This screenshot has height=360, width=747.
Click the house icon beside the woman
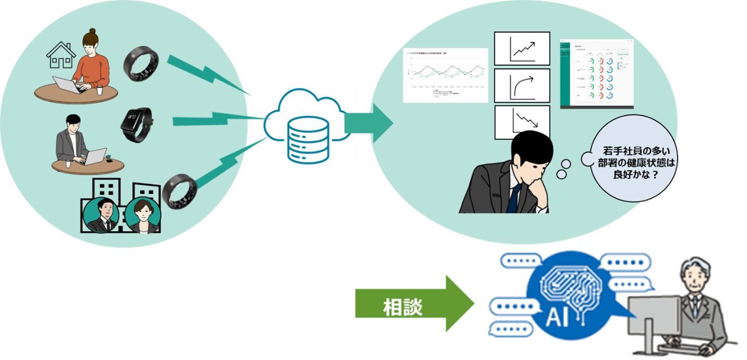pyautogui.click(x=61, y=55)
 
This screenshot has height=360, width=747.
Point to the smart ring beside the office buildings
pyautogui.click(x=180, y=191)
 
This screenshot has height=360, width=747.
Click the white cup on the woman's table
pyautogui.click(x=100, y=90)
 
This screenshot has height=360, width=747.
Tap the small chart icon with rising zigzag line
pyautogui.click(x=521, y=48)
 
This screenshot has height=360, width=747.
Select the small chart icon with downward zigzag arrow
pyautogui.click(x=521, y=122)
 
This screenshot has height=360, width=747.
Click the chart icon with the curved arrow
pyautogui.click(x=521, y=85)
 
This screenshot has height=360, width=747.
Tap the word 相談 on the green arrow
pyautogui.click(x=403, y=308)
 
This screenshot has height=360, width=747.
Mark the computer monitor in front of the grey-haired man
pyautogui.click(x=652, y=316)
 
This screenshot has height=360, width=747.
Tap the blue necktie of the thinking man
pyautogui.click(x=512, y=197)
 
